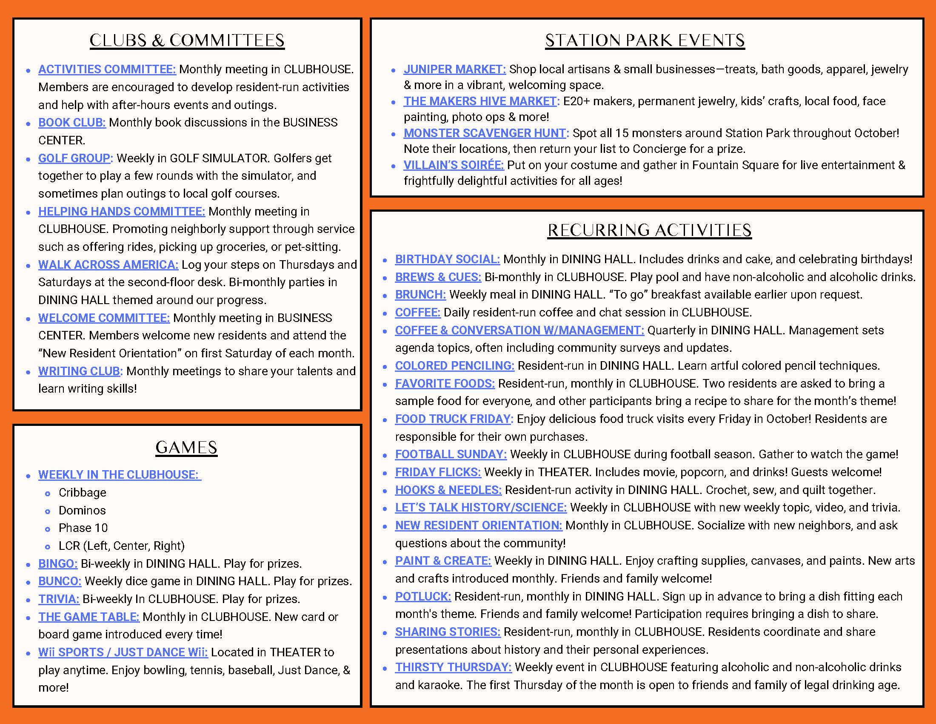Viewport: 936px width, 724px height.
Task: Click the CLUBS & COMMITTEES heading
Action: click(x=187, y=40)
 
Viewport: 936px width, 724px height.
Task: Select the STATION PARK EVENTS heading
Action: click(x=645, y=40)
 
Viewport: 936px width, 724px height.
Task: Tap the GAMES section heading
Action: click(x=186, y=447)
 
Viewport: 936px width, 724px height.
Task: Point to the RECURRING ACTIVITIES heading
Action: click(x=649, y=230)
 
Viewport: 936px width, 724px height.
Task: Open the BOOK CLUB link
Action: click(x=72, y=123)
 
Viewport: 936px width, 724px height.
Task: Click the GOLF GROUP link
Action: click(x=75, y=158)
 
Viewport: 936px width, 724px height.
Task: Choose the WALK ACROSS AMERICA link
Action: click(x=108, y=264)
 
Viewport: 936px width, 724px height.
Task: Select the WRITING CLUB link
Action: click(x=80, y=371)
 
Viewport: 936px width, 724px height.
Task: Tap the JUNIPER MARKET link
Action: click(x=454, y=69)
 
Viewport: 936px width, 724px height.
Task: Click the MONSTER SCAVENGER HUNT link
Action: click(x=486, y=133)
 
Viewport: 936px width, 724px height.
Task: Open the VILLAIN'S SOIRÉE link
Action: click(x=454, y=165)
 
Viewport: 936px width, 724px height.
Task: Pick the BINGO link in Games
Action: click(x=58, y=563)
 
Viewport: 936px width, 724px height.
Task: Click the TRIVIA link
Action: click(x=59, y=599)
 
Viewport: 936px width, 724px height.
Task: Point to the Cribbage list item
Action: click(x=82, y=493)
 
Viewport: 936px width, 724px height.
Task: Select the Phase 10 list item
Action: click(x=83, y=528)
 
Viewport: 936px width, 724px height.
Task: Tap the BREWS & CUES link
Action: click(x=438, y=277)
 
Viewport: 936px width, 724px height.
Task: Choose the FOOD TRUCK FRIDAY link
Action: click(x=454, y=419)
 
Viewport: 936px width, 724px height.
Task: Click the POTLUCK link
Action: click(x=423, y=597)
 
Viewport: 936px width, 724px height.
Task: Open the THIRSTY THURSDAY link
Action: click(x=453, y=667)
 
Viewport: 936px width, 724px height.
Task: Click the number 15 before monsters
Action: click(x=622, y=133)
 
